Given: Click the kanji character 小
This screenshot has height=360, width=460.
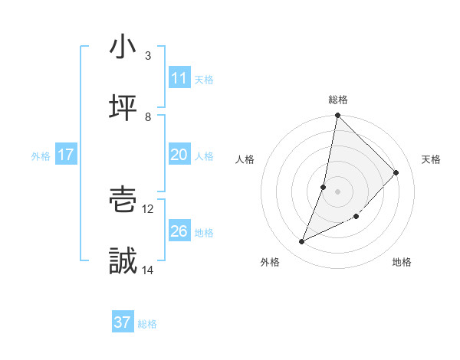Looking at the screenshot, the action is pos(123,47).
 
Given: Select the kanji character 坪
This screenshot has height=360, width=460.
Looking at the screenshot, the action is pos(123,108).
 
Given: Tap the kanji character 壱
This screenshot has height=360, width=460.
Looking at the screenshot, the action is pos(123,201).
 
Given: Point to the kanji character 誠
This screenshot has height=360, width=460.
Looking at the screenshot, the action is pos(123,262).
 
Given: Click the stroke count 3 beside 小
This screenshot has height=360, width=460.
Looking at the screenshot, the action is pos(148,55).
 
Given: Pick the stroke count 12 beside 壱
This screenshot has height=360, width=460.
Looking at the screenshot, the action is pos(148,208).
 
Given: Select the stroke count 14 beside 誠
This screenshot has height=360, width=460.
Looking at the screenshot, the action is pos(148,270).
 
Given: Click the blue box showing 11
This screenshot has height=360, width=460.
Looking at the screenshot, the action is pos(179,78).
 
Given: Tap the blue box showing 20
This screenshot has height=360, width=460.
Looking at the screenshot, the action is pos(179,155).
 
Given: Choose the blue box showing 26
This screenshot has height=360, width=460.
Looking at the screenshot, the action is pos(179,231).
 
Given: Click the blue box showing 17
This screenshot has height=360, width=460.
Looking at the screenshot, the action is pos(66,155).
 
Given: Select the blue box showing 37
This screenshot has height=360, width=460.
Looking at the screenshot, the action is pos(123,322).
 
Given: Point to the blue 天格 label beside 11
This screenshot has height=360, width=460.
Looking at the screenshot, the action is pos(204,79).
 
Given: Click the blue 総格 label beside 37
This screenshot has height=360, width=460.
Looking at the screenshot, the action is pos(147,324).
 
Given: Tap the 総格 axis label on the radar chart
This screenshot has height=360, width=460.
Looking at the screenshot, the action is pos(338,100).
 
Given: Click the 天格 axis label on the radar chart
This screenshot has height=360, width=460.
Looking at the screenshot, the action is pos(432,159).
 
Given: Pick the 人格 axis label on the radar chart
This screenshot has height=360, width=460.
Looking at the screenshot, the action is pos(245,159).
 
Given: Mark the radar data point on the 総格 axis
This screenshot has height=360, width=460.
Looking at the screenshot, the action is pos(337,116).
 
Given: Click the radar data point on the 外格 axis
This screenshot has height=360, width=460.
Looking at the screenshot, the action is pos(302,242).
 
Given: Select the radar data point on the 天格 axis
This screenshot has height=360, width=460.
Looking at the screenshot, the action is pos(396,172).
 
